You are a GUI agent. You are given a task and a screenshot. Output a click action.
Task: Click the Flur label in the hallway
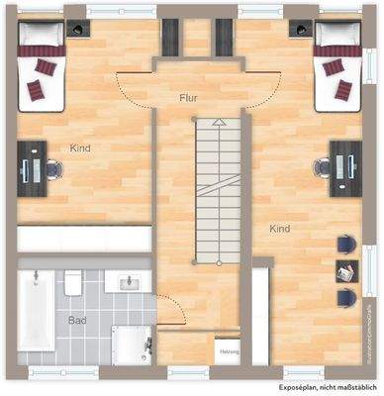pos(190,98)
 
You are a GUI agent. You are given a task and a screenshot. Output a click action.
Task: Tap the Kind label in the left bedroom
pos(81,148)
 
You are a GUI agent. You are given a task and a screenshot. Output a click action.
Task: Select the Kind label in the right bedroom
pos(280,229)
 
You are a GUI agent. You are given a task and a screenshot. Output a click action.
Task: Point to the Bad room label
pos(77,321)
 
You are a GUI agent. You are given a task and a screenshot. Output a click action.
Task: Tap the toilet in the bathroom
pos(74,285)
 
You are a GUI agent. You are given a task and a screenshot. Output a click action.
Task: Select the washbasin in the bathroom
pos(128,283)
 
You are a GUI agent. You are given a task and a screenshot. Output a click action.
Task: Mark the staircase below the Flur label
pos(217,188)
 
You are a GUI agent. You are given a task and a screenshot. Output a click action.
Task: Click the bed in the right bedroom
pos(340,69)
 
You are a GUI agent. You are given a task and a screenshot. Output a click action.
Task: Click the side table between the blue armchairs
pos(346,269)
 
